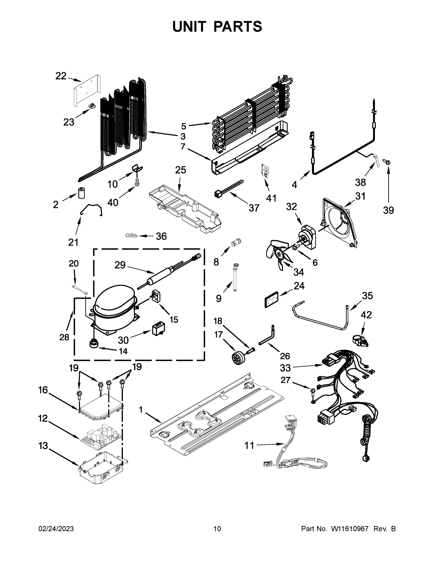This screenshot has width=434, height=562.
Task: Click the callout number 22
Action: (61, 76)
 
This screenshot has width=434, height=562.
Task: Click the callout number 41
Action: (271, 198)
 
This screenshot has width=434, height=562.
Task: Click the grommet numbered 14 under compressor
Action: (94, 344)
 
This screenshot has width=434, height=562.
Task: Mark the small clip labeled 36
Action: (132, 235)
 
